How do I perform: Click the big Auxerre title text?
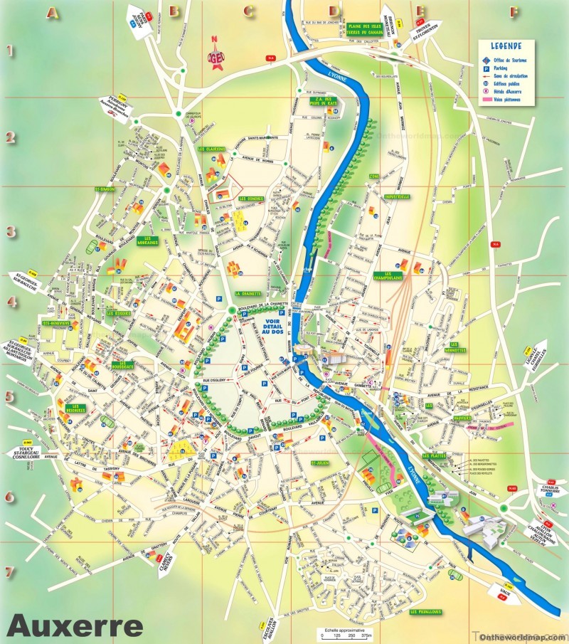point(75,626)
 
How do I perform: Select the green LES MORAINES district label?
point(148,241)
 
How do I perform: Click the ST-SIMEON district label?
point(105,190)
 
